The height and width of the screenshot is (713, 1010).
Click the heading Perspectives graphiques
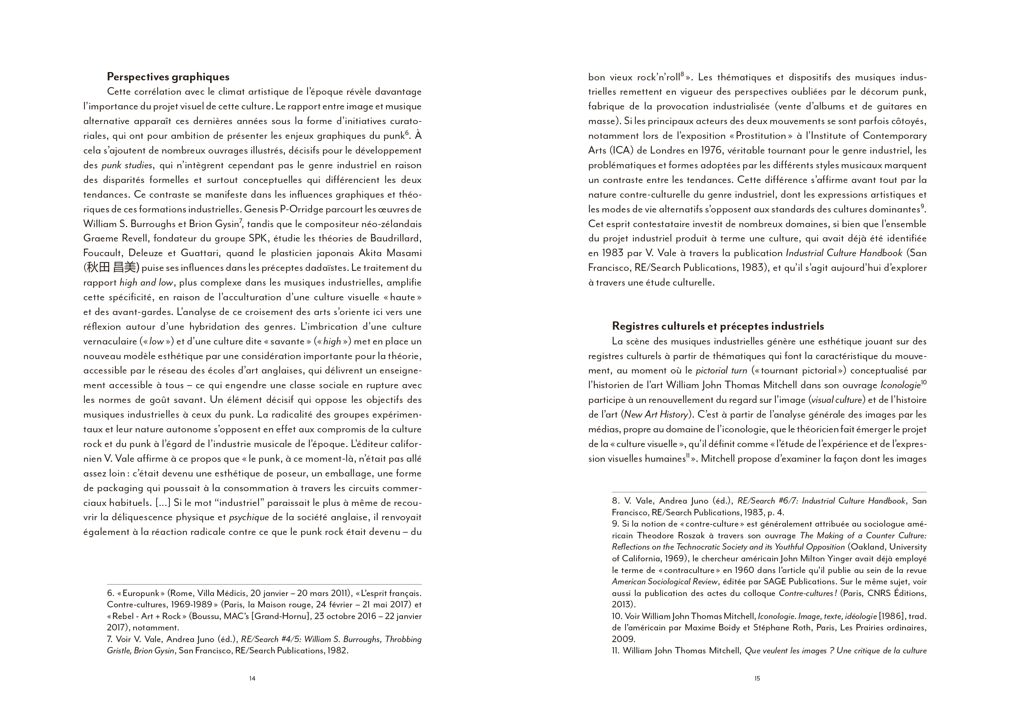(168, 77)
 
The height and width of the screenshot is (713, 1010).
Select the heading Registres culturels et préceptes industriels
(718, 326)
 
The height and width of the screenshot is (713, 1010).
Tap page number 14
(252, 678)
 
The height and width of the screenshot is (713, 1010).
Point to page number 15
(757, 678)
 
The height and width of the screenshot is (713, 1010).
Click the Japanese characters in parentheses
(111, 268)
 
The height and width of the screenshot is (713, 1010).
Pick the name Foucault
(102, 254)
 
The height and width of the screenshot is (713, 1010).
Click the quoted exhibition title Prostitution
(761, 136)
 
